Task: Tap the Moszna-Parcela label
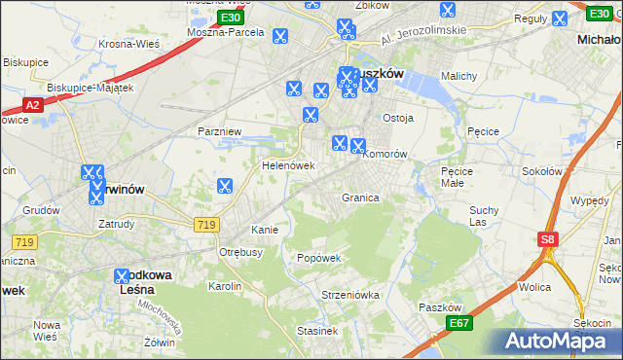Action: [x=227, y=32]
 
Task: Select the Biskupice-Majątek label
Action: [x=90, y=87]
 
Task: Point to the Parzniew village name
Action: [x=218, y=130]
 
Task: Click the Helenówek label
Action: [x=288, y=165]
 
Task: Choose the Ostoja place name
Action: [x=398, y=118]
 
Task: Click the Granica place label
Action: [x=359, y=198]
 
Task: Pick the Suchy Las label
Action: [x=484, y=215]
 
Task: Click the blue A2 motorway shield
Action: [x=32, y=105]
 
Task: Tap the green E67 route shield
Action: [x=459, y=323]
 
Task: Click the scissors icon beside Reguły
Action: [x=559, y=18]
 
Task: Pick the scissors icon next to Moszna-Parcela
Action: [x=280, y=37]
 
